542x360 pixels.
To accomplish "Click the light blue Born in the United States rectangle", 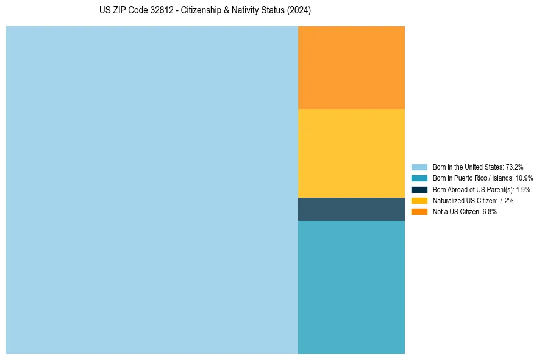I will pyautogui.click(x=152, y=190).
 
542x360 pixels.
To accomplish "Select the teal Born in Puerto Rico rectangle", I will pyautogui.click(x=351, y=287).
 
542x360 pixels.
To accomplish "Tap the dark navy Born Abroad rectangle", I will pyautogui.click(x=351, y=209).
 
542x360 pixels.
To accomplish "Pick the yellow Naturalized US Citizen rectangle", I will pyautogui.click(x=351, y=153).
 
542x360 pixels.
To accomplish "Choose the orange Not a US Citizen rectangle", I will pyautogui.click(x=351, y=68).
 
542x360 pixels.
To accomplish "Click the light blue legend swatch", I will pyautogui.click(x=419, y=167).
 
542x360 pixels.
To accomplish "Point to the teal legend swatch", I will pyautogui.click(x=419, y=178).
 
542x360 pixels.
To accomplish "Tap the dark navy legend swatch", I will pyautogui.click(x=419, y=189).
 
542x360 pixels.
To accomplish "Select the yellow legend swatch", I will pyautogui.click(x=419, y=200).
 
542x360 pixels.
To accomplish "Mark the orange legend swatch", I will pyautogui.click(x=419, y=211).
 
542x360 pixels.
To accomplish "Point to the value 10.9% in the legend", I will pyautogui.click(x=524, y=178).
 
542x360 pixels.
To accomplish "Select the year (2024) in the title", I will pyautogui.click(x=299, y=11).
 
